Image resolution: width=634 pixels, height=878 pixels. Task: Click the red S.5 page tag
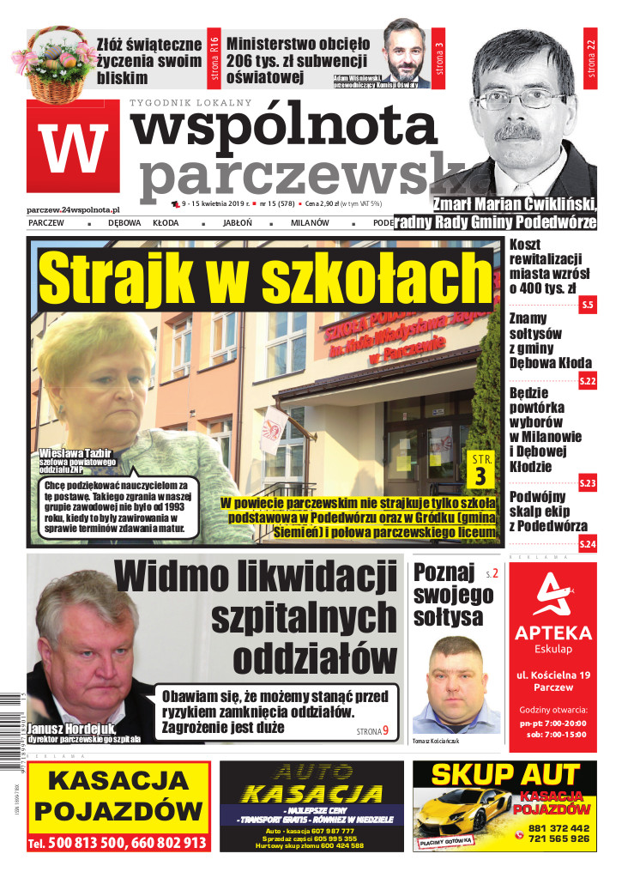(587, 306)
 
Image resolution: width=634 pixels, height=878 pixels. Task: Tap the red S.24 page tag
(587, 544)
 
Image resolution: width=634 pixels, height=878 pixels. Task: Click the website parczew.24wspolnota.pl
(74, 209)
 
